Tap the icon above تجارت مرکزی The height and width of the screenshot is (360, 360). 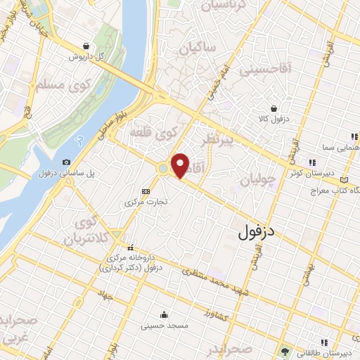tap(146, 191)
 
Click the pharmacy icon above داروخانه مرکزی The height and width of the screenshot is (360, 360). tap(129, 247)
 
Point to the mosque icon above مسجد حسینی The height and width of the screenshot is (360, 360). tap(164, 314)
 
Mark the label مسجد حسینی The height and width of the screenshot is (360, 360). tap(163, 326)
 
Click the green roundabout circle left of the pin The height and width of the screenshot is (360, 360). tap(163, 169)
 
